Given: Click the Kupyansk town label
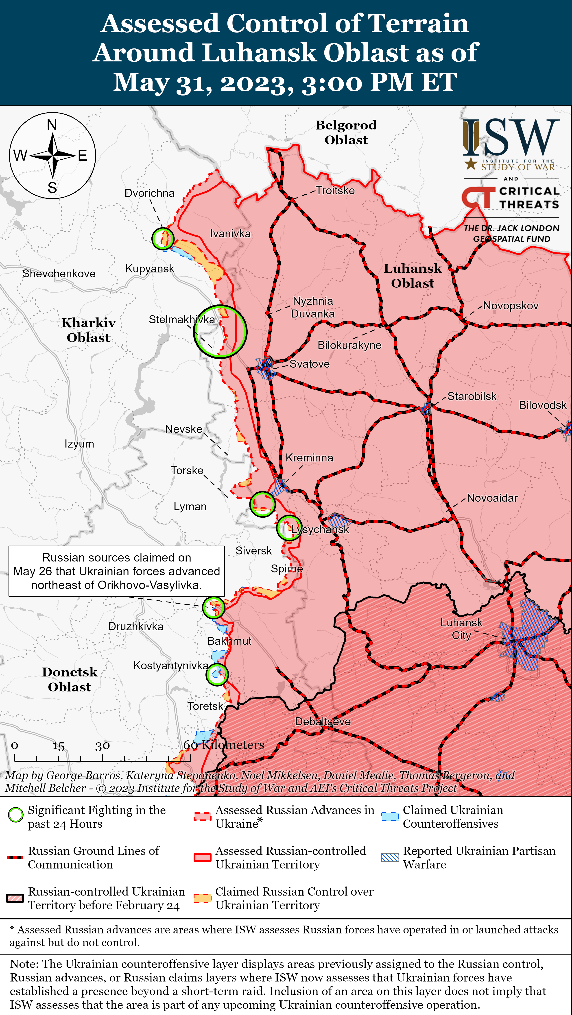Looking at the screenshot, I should click(x=149, y=269).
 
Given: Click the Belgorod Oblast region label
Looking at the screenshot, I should click(x=346, y=132).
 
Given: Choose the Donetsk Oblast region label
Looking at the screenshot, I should click(x=70, y=679).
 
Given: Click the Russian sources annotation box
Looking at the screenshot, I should click(x=117, y=571).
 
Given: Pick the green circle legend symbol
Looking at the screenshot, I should click(x=16, y=815).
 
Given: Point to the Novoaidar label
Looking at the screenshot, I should click(x=492, y=498).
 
